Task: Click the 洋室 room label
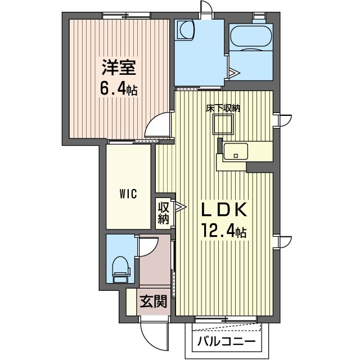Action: point(119,67)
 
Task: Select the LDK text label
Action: point(224,210)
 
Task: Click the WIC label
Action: point(128,194)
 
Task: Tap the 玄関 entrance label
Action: point(153,301)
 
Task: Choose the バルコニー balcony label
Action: point(226,341)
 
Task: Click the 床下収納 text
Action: point(223,108)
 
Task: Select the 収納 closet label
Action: point(163,213)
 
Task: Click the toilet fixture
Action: point(121,269)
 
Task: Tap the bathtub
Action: point(251,36)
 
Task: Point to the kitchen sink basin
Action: point(236,151)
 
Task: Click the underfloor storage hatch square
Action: point(223,124)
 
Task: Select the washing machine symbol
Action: point(184,30)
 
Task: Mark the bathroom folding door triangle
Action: point(234,73)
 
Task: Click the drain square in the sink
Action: point(235,156)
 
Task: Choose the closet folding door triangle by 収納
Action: point(181,207)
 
